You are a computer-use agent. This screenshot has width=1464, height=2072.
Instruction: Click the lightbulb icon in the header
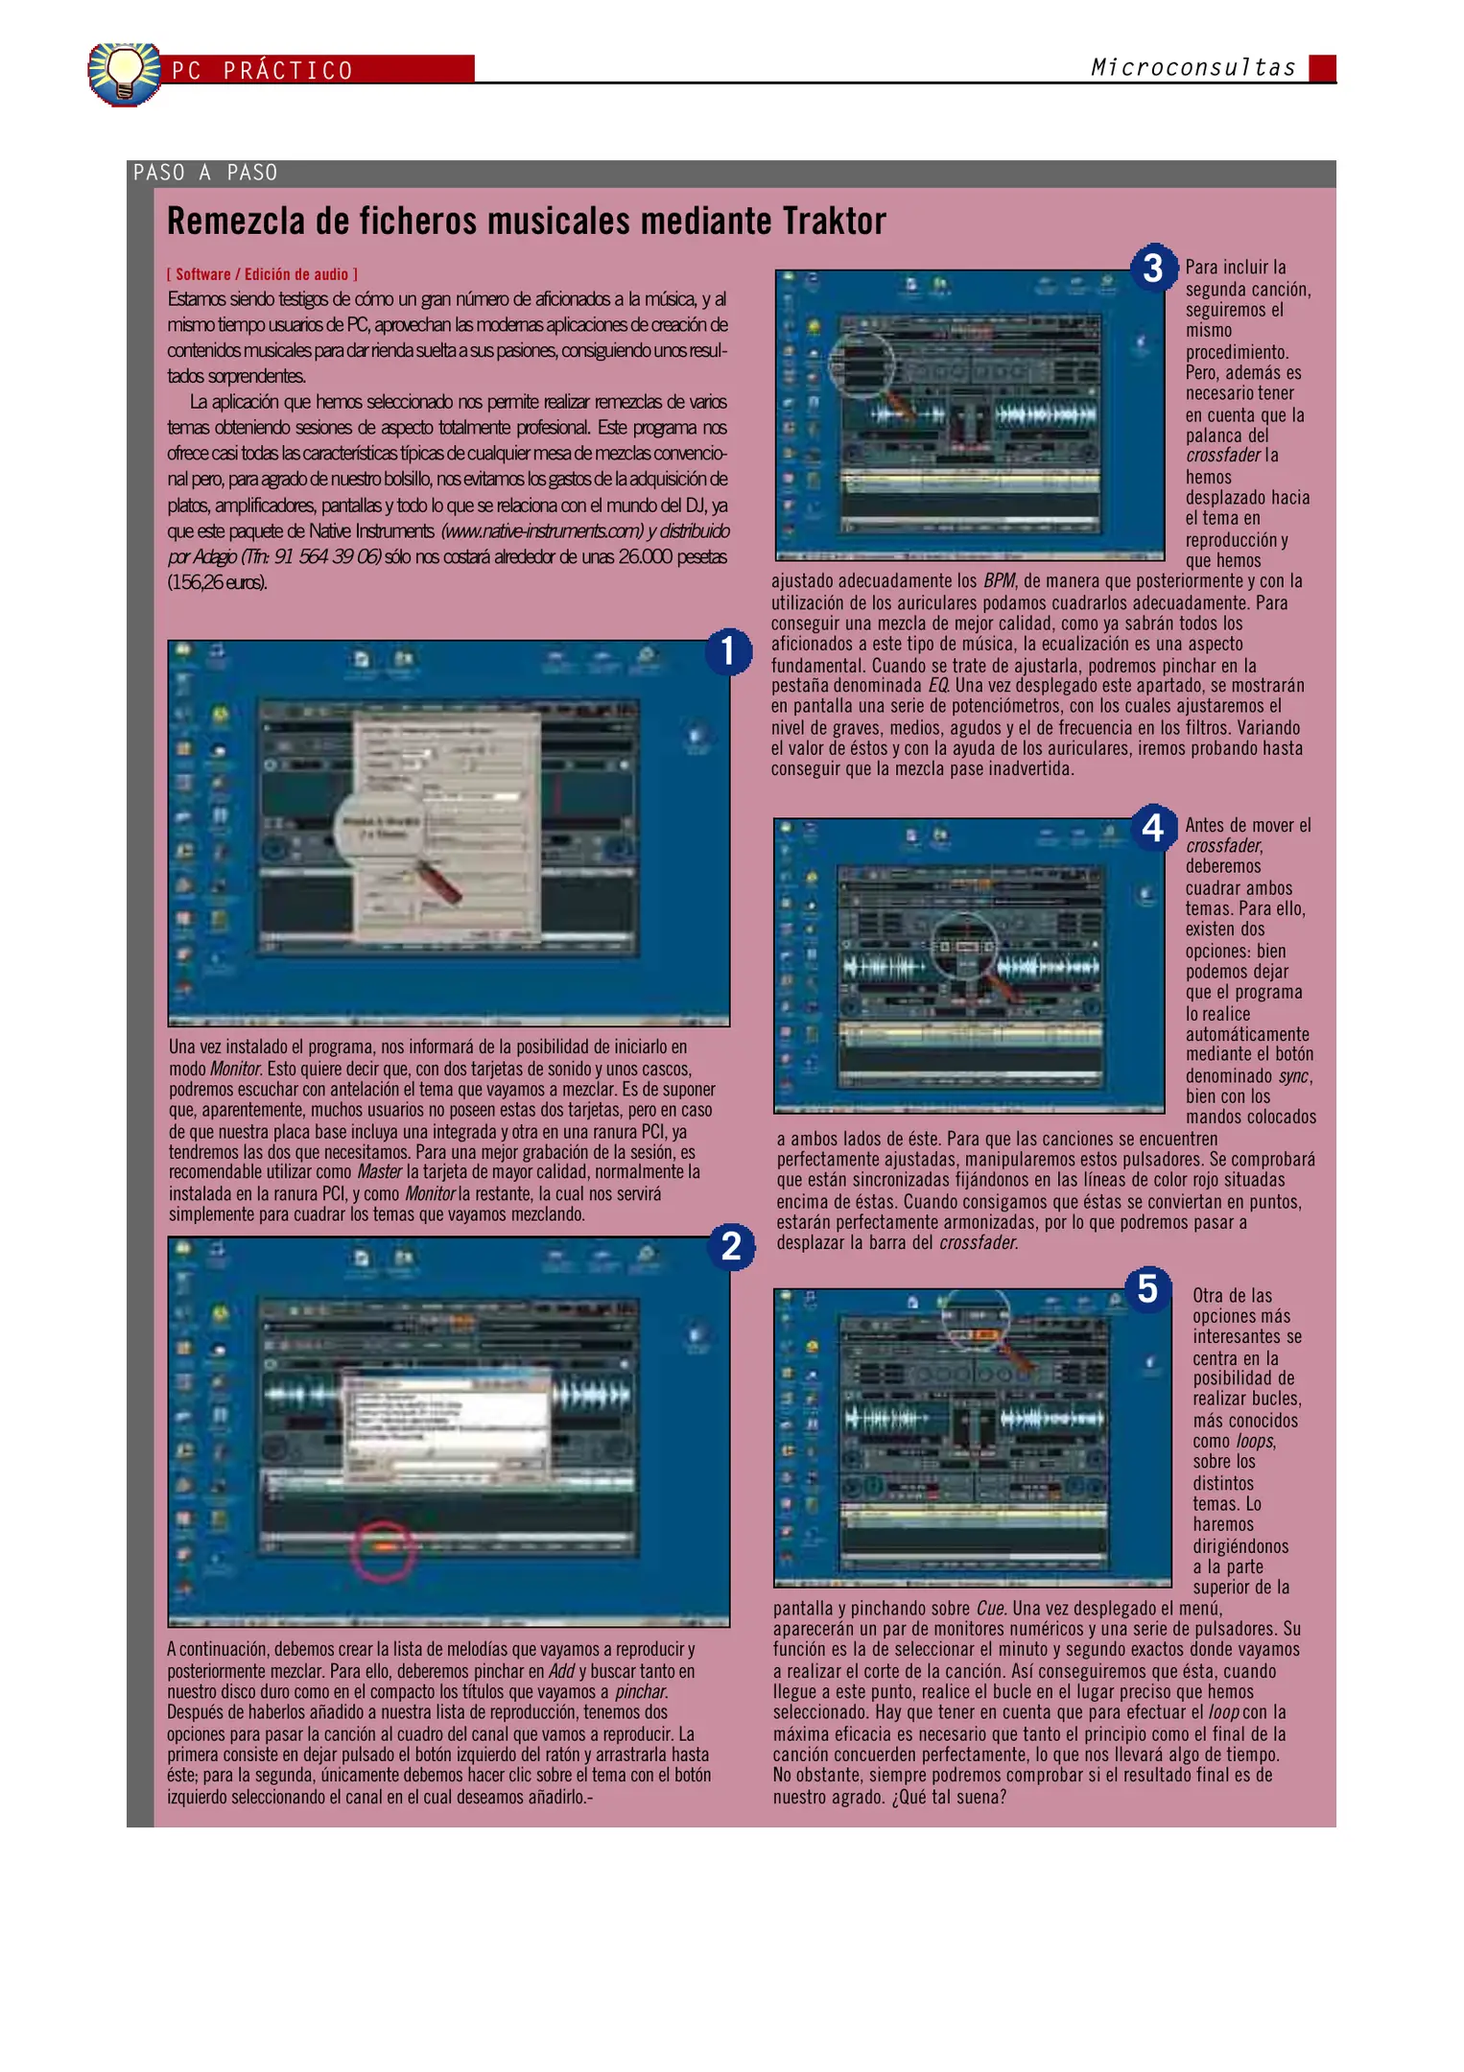(x=124, y=72)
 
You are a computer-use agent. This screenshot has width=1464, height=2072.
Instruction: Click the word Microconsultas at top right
(x=1192, y=68)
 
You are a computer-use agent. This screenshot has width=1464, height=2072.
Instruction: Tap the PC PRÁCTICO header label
(x=263, y=71)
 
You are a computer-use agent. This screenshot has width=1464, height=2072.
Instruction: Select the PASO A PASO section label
(x=205, y=173)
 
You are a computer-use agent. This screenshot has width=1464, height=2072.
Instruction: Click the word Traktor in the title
(x=834, y=222)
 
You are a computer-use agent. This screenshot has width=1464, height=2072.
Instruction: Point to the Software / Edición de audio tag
(x=262, y=274)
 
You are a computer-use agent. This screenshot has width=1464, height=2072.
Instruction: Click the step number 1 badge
(x=728, y=650)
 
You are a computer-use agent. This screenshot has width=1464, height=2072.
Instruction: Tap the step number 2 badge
(x=731, y=1246)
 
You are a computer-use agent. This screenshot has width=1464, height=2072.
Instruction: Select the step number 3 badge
(x=1152, y=268)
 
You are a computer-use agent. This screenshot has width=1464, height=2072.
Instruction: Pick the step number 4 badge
(x=1152, y=827)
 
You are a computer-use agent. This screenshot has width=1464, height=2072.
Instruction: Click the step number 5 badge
(x=1147, y=1288)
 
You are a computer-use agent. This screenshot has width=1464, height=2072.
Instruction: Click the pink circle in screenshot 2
(x=383, y=1549)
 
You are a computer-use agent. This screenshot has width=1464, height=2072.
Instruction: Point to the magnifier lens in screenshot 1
(x=379, y=827)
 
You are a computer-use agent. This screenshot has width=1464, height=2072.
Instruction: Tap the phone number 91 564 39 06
(x=327, y=557)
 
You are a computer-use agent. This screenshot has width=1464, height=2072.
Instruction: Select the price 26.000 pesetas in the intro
(x=673, y=557)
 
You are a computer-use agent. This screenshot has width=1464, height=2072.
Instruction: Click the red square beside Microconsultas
(x=1322, y=68)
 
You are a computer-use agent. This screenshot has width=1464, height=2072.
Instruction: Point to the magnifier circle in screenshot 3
(x=861, y=364)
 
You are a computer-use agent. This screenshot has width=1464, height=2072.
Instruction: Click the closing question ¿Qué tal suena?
(x=949, y=1797)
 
